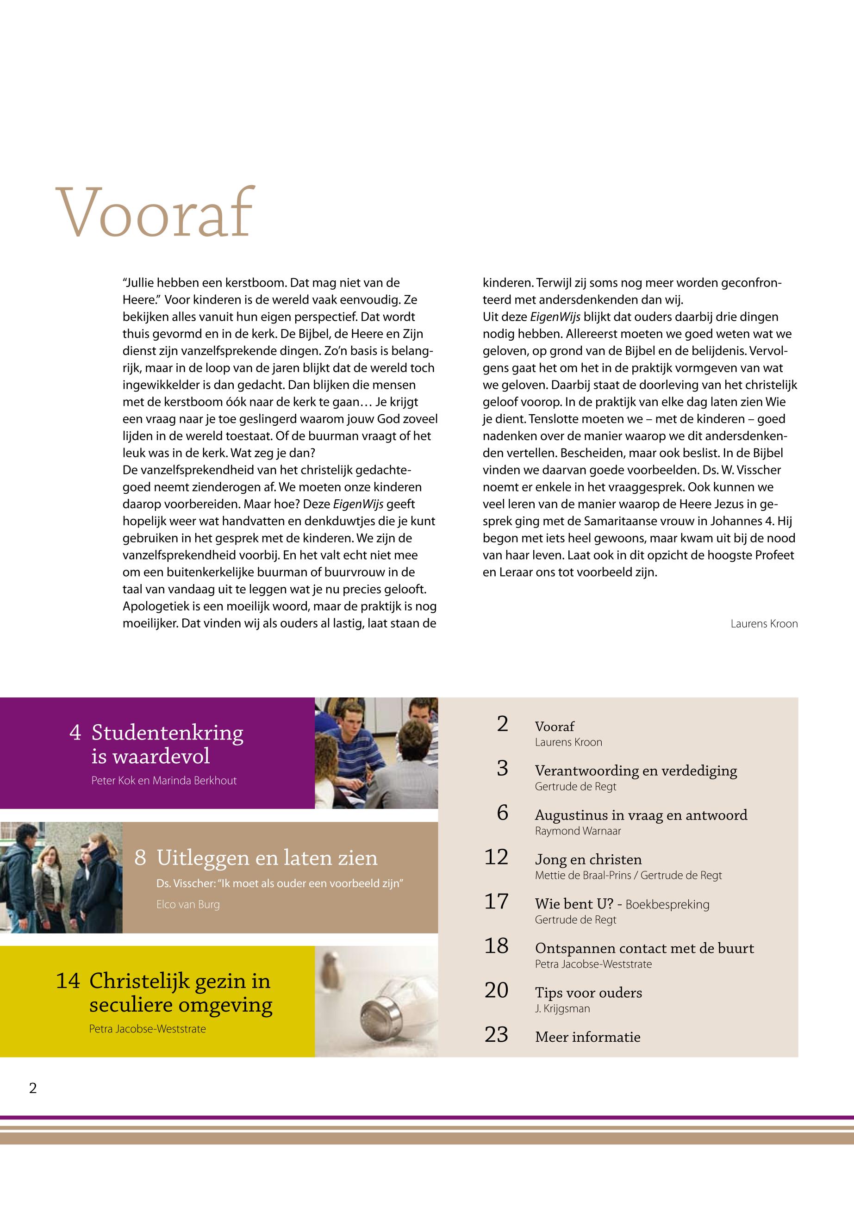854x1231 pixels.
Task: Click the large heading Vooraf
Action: [155, 212]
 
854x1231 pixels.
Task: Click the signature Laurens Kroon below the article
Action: [764, 624]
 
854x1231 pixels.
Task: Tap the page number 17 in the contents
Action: [496, 901]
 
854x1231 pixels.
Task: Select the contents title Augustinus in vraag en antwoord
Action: [641, 815]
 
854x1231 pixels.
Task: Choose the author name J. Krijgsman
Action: [562, 1008]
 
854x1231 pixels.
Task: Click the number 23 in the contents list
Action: [496, 1035]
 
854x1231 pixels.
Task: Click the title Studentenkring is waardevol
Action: [167, 744]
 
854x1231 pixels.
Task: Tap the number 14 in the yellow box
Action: [68, 981]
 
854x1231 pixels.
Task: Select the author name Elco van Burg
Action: [188, 905]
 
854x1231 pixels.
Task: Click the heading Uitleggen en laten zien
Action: [267, 858]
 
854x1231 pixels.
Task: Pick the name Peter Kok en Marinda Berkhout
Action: [164, 781]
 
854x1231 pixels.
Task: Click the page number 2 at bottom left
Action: [33, 1088]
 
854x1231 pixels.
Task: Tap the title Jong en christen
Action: [588, 859]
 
